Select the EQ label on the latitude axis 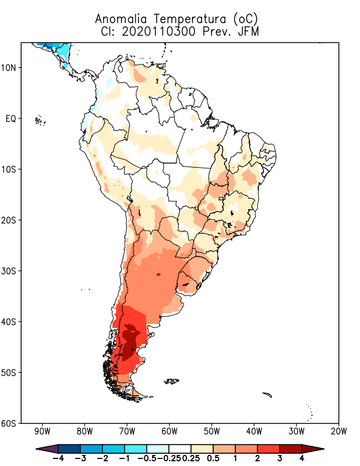[x=10, y=118]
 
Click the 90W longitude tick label [x=42, y=432]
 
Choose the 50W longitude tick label [x=211, y=432]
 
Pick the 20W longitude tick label [x=338, y=432]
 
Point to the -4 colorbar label [x=57, y=458]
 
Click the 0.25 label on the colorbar [x=190, y=458]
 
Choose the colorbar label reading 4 [x=302, y=458]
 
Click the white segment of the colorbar [x=179, y=448]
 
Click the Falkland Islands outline [x=171, y=382]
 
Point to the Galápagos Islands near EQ [x=40, y=121]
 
